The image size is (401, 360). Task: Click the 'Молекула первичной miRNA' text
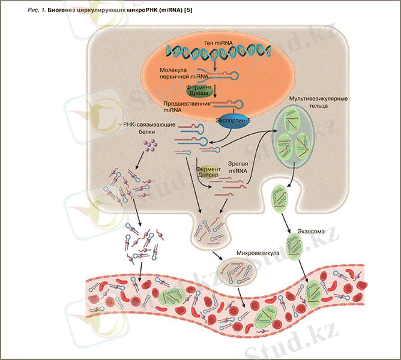pos(184,74)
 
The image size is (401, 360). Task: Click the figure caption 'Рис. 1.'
pos(26,10)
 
